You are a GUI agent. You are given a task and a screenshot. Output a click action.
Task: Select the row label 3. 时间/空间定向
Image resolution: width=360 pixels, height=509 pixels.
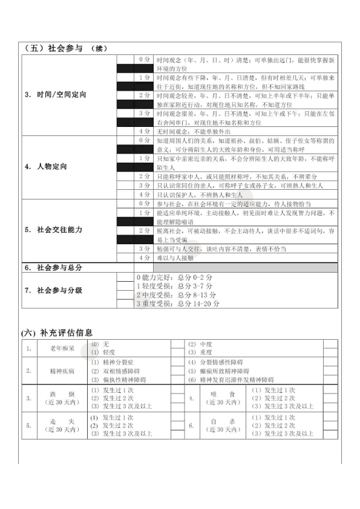pos(56,95)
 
